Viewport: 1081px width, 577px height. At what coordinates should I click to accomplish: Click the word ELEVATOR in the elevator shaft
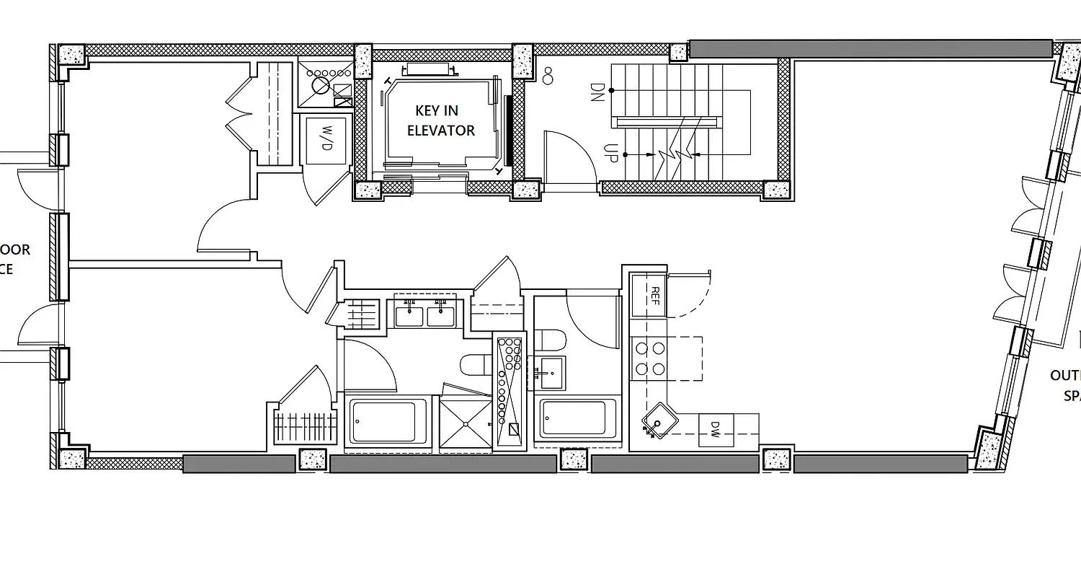click(x=441, y=131)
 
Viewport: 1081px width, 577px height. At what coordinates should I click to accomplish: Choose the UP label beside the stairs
click(x=610, y=153)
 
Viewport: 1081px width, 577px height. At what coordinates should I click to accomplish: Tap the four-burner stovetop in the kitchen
click(x=649, y=358)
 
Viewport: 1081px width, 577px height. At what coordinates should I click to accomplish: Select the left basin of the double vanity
click(x=409, y=314)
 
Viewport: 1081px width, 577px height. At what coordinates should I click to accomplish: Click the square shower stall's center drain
click(x=465, y=424)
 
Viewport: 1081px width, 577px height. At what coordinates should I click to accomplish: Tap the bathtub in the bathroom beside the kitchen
click(x=574, y=418)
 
